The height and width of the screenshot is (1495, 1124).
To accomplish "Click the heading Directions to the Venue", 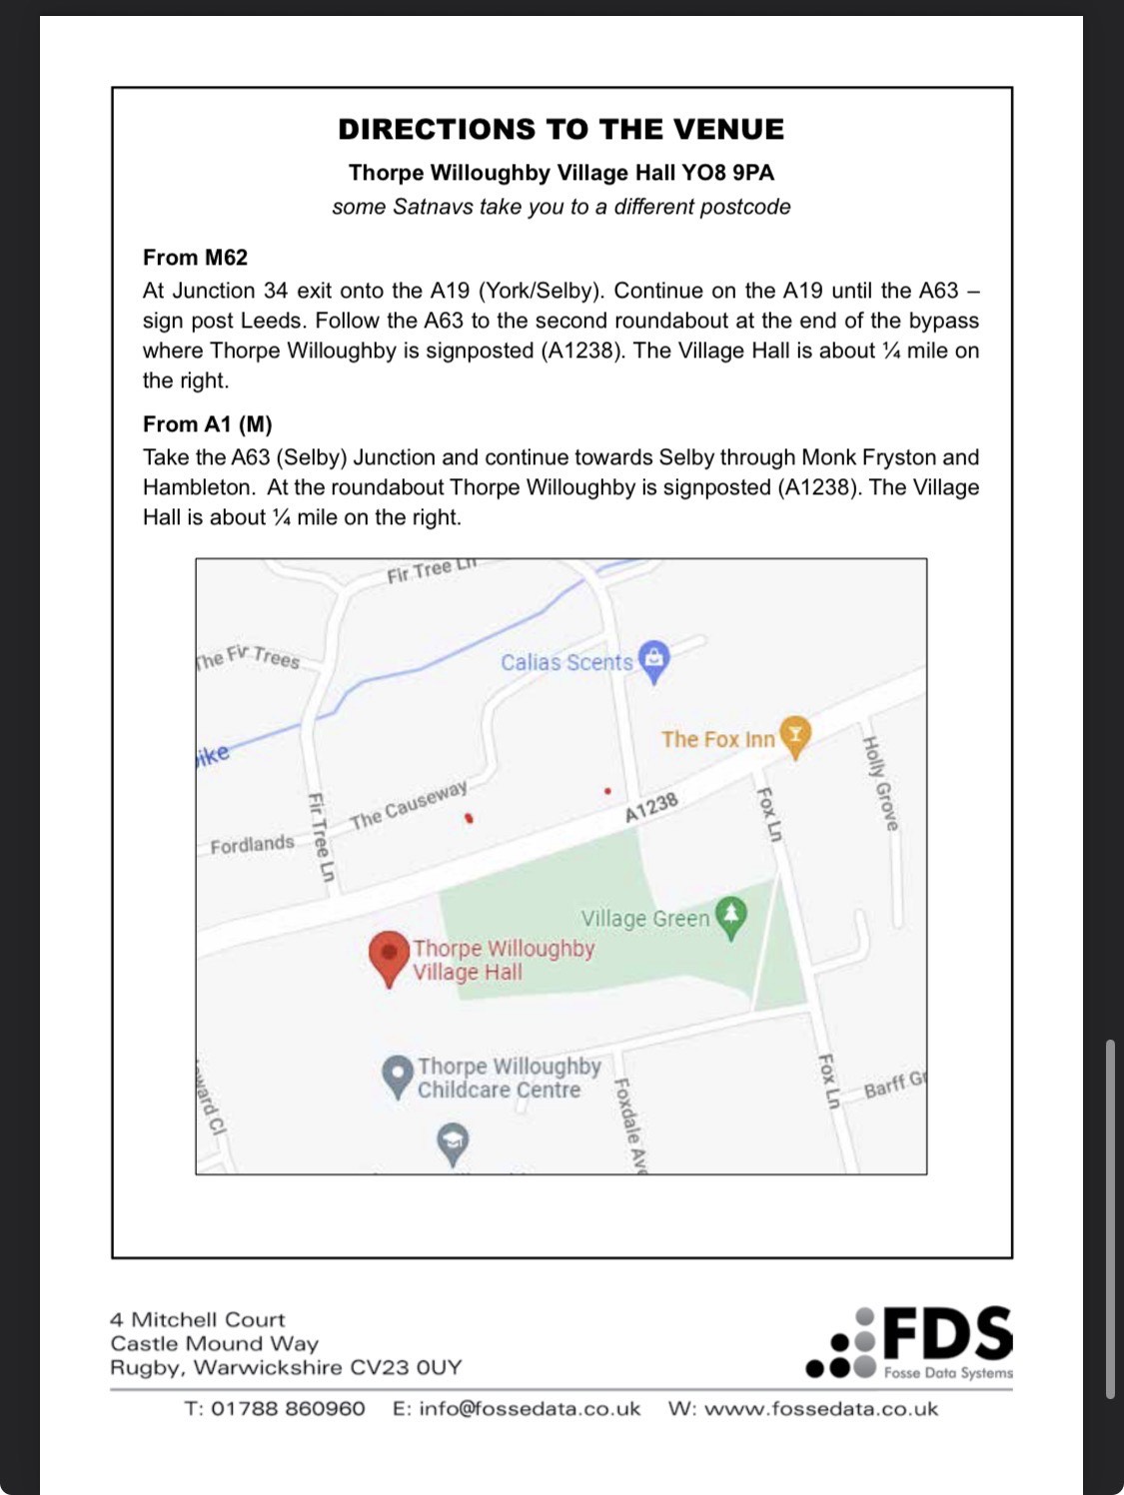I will pyautogui.click(x=561, y=130).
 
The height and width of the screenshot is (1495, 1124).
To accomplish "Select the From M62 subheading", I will pyautogui.click(x=195, y=258).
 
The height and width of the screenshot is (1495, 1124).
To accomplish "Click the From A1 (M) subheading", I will pyautogui.click(x=207, y=424).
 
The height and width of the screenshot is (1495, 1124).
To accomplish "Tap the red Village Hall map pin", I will pyautogui.click(x=389, y=955).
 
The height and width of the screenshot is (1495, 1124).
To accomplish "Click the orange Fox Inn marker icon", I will pyautogui.click(x=794, y=735).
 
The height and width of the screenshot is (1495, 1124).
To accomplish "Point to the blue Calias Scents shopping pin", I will pyautogui.click(x=653, y=659).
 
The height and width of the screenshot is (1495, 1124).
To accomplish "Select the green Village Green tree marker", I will pyautogui.click(x=731, y=915).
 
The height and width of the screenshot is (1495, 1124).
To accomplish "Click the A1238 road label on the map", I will pyautogui.click(x=651, y=807).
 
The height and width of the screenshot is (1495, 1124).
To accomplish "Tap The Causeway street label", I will pyautogui.click(x=409, y=805).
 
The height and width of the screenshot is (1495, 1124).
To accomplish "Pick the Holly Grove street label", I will pyautogui.click(x=880, y=783).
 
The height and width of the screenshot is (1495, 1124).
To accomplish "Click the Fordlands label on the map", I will pyautogui.click(x=252, y=845).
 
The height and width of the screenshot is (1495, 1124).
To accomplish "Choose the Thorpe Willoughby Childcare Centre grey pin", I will pyautogui.click(x=398, y=1076).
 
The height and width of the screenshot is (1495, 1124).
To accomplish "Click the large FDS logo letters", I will pyautogui.click(x=947, y=1333).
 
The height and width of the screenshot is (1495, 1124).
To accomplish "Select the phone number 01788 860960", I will pyautogui.click(x=288, y=1409).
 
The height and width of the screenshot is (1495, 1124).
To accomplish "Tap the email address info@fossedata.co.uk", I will pyautogui.click(x=530, y=1409).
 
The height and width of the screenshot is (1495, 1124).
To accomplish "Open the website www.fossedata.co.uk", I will pyautogui.click(x=820, y=1409).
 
